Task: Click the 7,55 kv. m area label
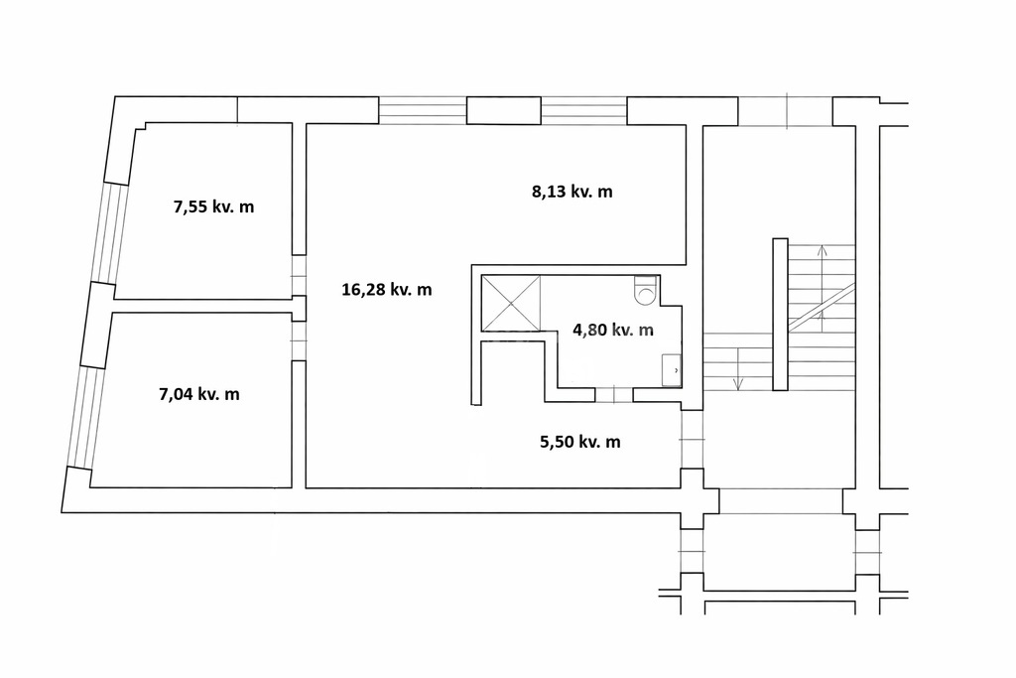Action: click(214, 207)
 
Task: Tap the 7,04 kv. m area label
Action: click(199, 394)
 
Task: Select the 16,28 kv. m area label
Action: click(387, 290)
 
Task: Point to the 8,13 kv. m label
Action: click(572, 192)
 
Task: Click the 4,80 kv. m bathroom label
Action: click(613, 330)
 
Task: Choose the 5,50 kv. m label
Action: click(579, 442)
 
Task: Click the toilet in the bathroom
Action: click(646, 290)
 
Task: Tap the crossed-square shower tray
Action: click(511, 303)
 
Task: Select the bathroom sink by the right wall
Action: click(672, 370)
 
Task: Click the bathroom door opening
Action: click(613, 394)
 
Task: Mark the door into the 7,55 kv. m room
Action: click(298, 275)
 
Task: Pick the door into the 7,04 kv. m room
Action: click(298, 340)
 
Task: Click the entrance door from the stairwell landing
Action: click(692, 439)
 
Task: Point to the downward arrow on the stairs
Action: click(738, 369)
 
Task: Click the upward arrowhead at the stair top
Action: click(822, 250)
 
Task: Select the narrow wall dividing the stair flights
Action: click(780, 315)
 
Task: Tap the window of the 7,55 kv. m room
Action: click(109, 233)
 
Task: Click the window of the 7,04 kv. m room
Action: click(87, 417)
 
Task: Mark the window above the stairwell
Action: click(786, 111)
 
